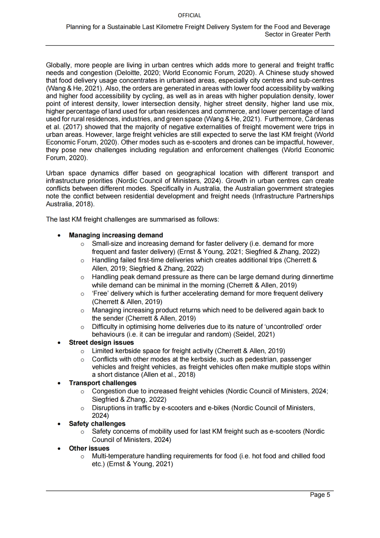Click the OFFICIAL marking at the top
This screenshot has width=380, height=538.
189,15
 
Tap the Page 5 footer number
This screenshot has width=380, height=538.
320,495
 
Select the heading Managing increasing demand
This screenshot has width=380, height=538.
116,235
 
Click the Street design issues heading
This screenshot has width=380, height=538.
101,343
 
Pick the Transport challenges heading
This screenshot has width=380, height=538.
102,383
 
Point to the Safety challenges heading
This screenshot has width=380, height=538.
97,424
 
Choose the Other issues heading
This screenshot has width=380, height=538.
89,448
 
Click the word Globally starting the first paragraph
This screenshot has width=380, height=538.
58,65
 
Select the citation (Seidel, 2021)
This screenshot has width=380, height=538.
254,334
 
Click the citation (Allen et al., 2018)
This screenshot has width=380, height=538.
168,375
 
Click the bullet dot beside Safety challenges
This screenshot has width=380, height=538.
59,424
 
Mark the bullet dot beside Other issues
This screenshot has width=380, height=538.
59,449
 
